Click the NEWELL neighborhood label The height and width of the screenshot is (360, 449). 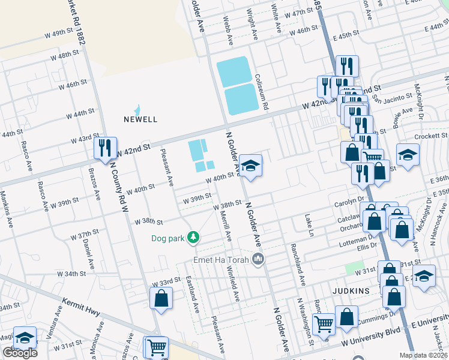pos(140,119)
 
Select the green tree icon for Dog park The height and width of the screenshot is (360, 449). pos(193,238)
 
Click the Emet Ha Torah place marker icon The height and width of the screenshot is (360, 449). pos(259,259)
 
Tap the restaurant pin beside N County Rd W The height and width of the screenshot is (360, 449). pos(106,148)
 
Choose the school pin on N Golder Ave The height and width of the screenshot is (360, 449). pos(250,166)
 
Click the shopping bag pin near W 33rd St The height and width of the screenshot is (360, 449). pos(161,298)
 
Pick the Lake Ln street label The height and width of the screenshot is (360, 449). pos(309,221)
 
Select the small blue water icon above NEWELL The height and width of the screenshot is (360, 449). pos(137,109)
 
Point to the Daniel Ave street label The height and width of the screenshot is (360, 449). pos(89,254)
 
